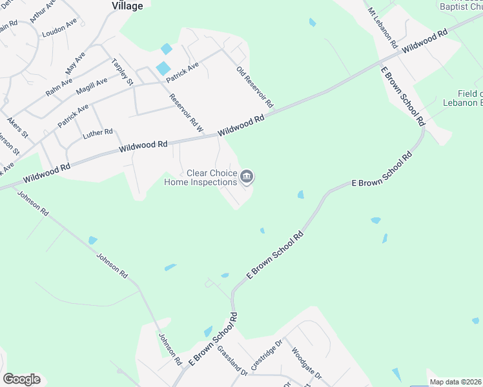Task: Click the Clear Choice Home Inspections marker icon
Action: [247, 176]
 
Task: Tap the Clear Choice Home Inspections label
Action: [201, 177]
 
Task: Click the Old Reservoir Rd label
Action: [255, 87]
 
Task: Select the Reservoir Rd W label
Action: [186, 113]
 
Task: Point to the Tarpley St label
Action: [122, 72]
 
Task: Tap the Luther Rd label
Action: [98, 134]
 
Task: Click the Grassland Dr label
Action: [232, 362]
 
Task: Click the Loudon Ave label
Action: [59, 27]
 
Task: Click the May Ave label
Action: [75, 63]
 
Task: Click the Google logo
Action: [21, 379]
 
